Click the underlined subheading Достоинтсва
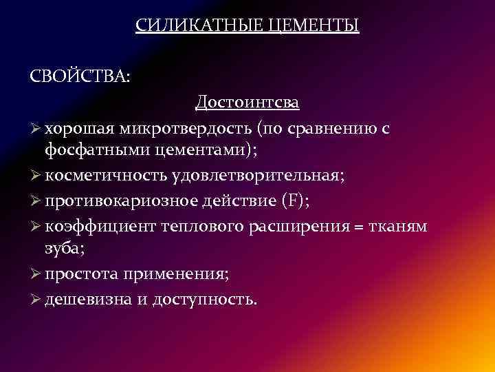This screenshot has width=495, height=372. (x=247, y=103)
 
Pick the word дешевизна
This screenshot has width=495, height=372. (x=86, y=300)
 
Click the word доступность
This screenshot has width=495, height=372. (x=203, y=300)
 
